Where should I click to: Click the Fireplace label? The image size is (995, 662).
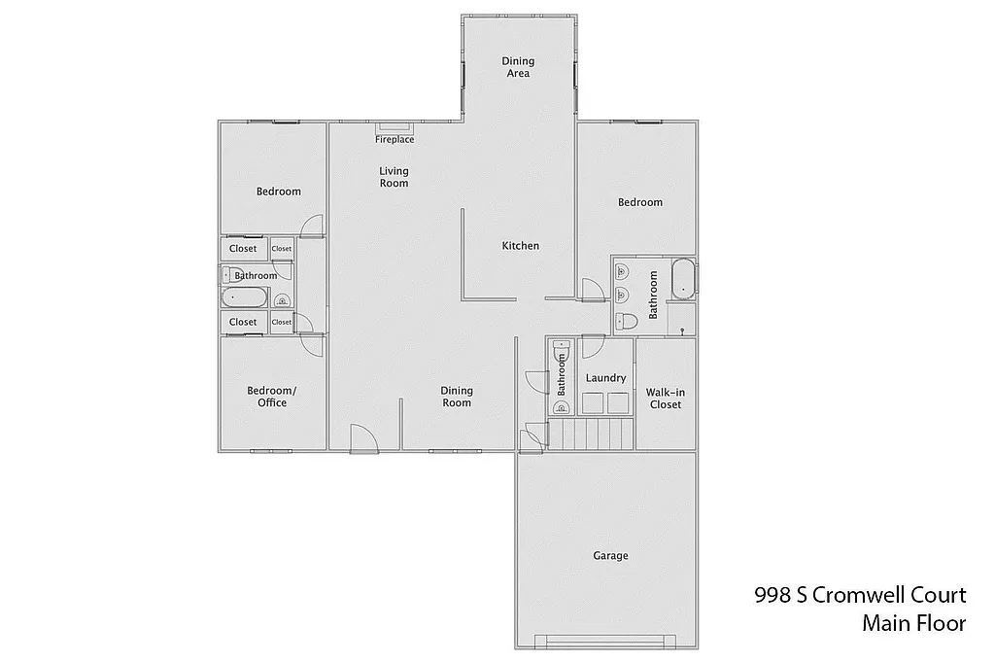[x=395, y=140]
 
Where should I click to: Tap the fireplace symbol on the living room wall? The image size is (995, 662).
[x=395, y=127]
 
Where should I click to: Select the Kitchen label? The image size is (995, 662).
[x=520, y=246]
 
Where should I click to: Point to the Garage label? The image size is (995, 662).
[x=610, y=556]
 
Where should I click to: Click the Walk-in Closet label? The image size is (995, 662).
[x=665, y=399]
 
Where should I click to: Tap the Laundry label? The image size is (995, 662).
[x=606, y=378]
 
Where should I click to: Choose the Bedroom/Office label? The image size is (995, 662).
[x=272, y=397]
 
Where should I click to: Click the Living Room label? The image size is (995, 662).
[x=394, y=177]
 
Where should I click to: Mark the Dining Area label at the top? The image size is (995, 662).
[x=518, y=67]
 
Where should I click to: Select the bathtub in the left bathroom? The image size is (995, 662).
[x=248, y=298]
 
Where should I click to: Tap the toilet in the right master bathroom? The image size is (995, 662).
[x=627, y=320]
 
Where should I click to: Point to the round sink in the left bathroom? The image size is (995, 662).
[x=282, y=300]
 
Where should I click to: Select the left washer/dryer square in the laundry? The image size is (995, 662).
[x=591, y=403]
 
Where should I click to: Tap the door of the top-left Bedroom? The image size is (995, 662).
[x=311, y=226]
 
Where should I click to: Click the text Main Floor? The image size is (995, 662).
[x=913, y=623]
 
